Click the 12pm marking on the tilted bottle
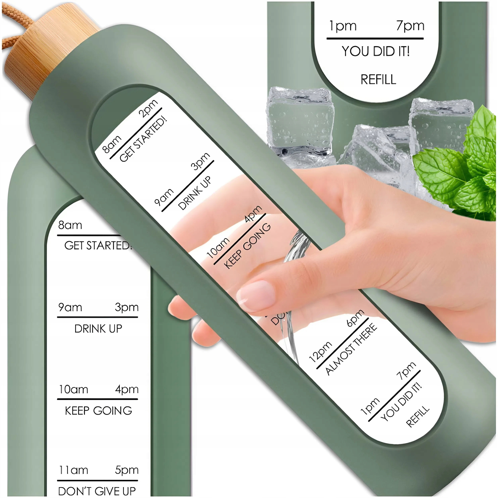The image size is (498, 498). (320, 352)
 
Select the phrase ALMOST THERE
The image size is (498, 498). (351, 349)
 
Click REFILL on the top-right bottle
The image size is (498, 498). (378, 79)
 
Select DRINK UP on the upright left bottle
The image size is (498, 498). (98, 329)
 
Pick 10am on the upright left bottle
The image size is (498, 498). (74, 389)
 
